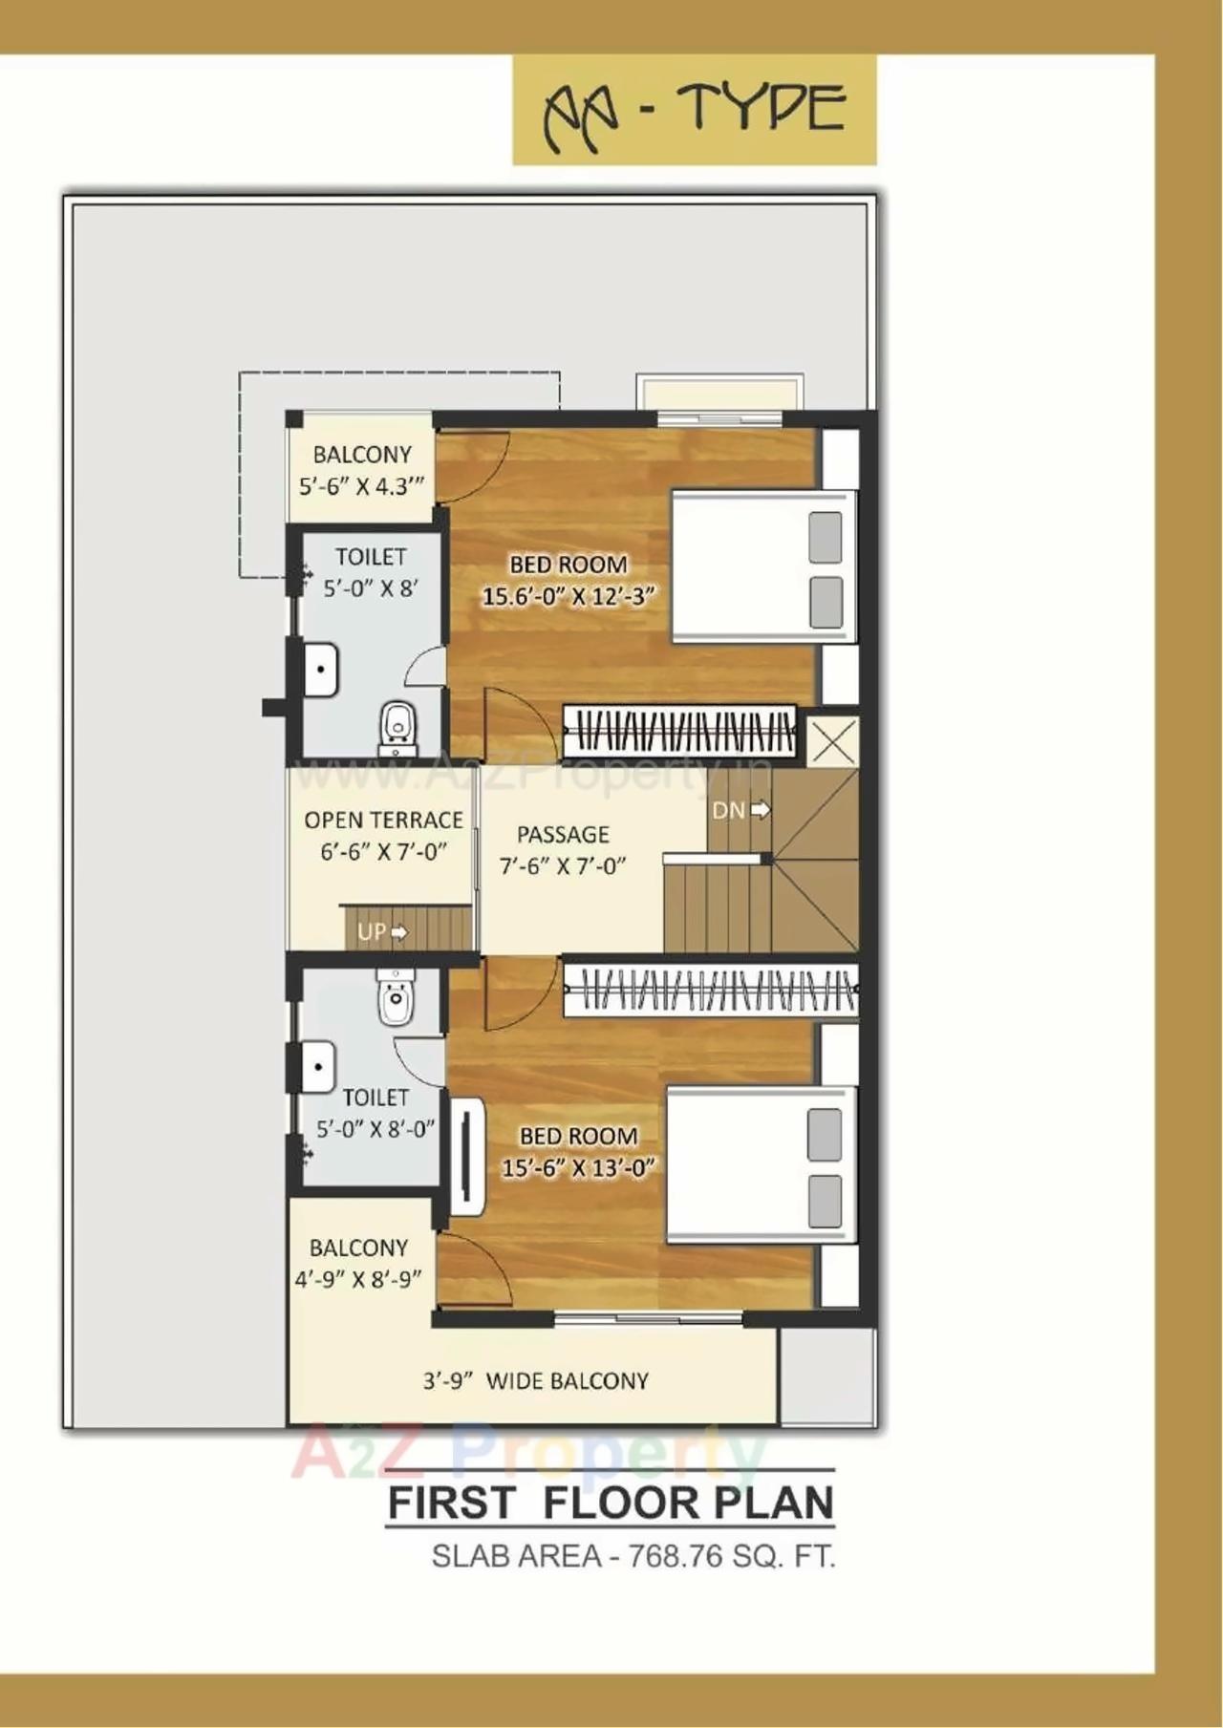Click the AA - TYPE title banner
[x=695, y=111]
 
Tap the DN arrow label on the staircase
[x=740, y=810]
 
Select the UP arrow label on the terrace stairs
[x=382, y=931]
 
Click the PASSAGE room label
[x=563, y=835]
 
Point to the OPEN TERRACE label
[x=383, y=821]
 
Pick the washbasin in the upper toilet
[x=321, y=670]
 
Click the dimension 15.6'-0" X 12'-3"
[x=569, y=597]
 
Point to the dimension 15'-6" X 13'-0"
[x=578, y=1167]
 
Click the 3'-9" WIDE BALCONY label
[x=535, y=1381]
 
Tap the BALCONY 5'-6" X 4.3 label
[x=361, y=470]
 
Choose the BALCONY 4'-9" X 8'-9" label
[x=358, y=1263]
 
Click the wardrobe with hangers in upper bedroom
[x=679, y=733]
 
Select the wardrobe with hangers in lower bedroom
[x=711, y=992]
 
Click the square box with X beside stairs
[x=832, y=740]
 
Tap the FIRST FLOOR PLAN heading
[x=611, y=1503]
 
